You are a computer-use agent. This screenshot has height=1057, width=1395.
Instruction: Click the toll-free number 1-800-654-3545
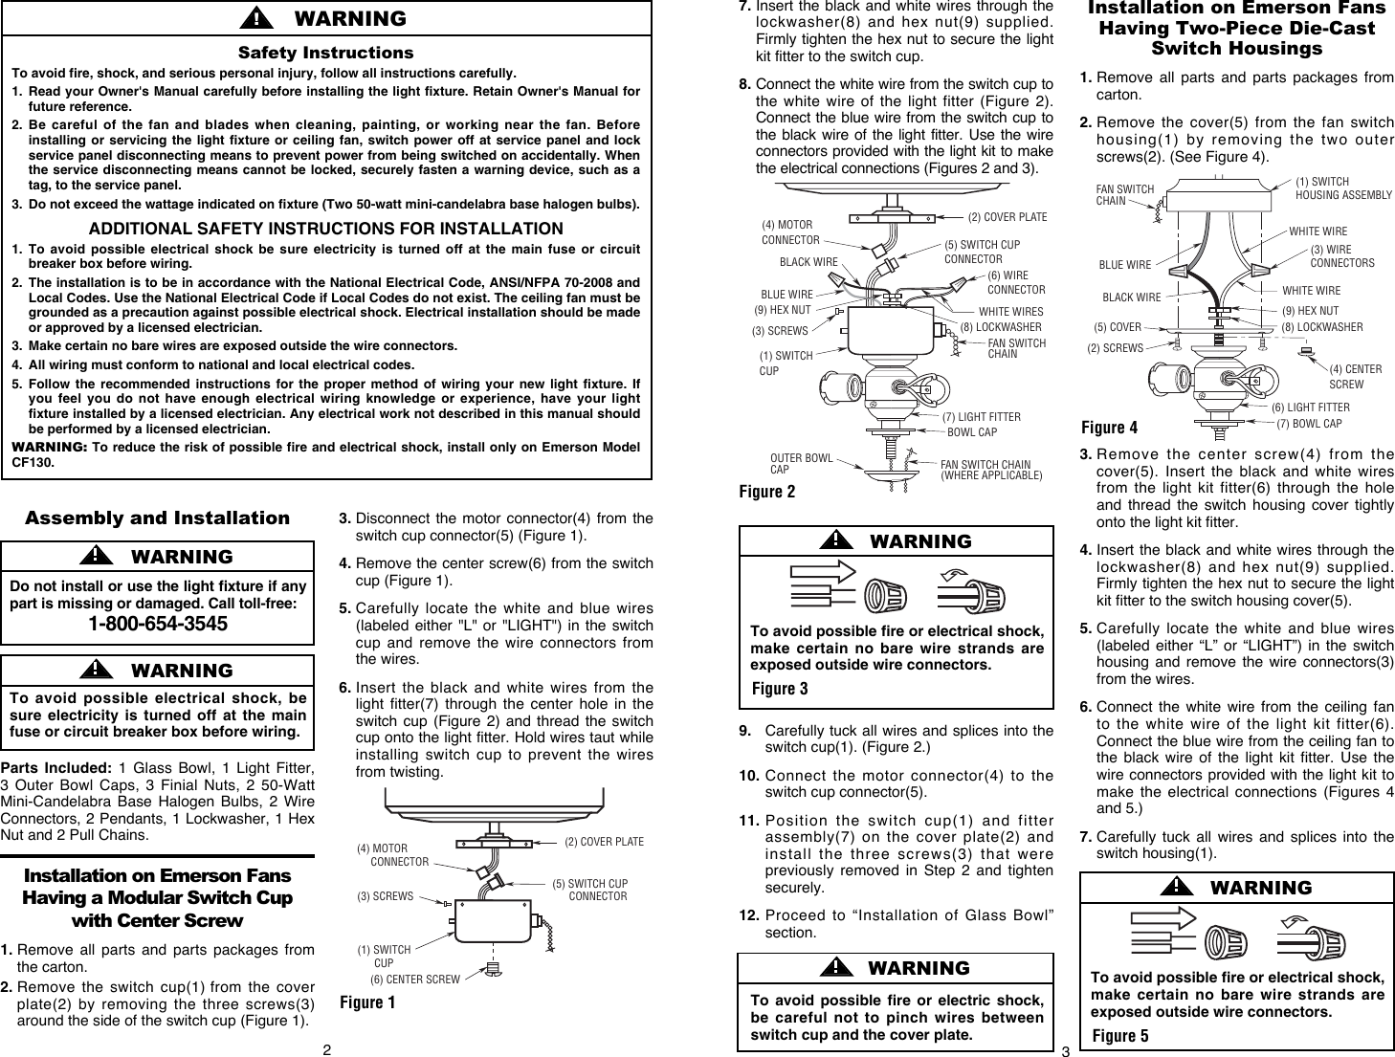158,625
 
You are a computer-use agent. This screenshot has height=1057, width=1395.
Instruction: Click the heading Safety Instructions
325,53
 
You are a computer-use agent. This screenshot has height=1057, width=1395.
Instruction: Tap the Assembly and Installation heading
157,517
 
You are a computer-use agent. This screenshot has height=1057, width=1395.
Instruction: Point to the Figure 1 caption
367,1002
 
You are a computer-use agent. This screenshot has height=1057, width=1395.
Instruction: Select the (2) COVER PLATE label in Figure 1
604,842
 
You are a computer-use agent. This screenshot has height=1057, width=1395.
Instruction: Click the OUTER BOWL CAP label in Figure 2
801,464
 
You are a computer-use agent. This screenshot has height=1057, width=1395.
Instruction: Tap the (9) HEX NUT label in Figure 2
782,310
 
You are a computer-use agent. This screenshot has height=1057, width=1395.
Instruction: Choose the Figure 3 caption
779,689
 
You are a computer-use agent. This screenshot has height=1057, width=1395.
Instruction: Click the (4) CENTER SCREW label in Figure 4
1354,376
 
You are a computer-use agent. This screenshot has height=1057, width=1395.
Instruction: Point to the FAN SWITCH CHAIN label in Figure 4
1124,195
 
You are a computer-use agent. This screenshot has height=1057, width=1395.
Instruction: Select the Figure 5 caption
1119,1036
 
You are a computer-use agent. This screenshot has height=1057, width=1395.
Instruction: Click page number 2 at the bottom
326,1049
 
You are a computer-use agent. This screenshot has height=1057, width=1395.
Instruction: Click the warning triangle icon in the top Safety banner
255,18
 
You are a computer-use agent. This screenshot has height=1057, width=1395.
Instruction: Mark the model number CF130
33,463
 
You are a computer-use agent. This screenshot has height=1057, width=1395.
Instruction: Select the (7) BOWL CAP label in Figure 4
1309,424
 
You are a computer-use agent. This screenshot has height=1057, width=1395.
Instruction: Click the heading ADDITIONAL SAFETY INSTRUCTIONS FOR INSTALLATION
325,229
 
